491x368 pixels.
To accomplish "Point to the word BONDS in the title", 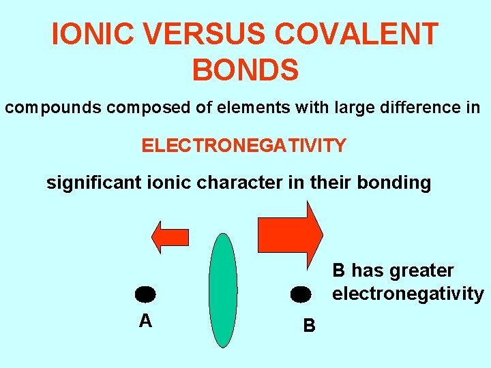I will [245, 70].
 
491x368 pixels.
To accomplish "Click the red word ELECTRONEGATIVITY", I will [243, 145].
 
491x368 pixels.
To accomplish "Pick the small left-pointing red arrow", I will [169, 236].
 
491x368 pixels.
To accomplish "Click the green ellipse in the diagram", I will [222, 290].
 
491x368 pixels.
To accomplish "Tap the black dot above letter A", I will [145, 294].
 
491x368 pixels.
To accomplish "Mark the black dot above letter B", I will [301, 294].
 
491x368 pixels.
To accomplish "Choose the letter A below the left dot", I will [145, 321].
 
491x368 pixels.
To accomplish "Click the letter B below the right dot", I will [309, 326].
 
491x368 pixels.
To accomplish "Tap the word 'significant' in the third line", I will [94, 183].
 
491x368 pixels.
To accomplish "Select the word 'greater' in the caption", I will [421, 271].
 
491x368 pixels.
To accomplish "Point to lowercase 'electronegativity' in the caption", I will [408, 294].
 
